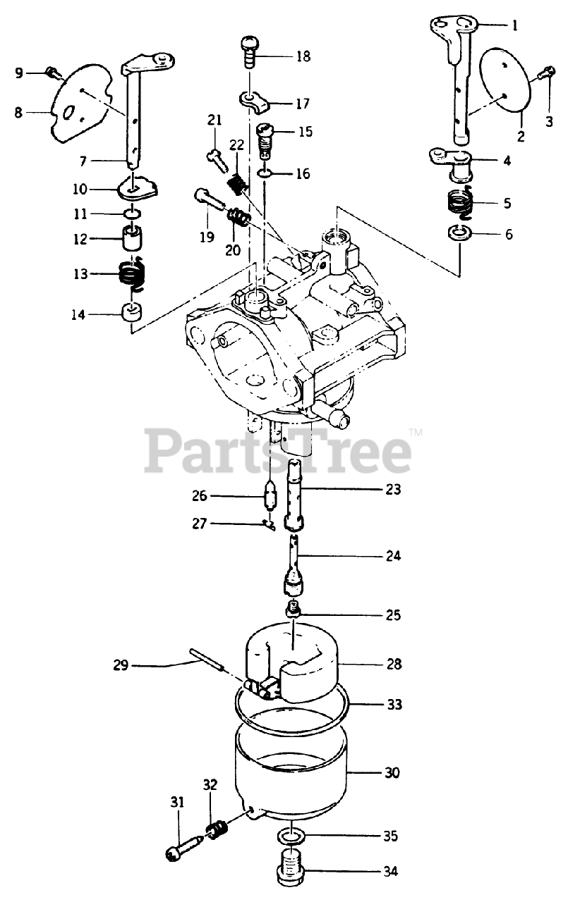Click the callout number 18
tap(303, 56)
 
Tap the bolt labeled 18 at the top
tap(249, 51)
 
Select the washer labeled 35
tap(290, 836)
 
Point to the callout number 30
tap(392, 773)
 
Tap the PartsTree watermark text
tap(279, 451)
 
